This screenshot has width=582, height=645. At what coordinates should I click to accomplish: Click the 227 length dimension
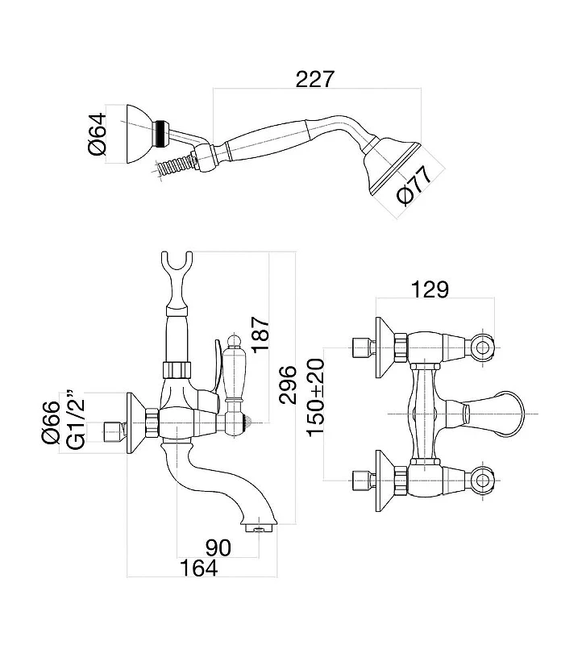pos(315,79)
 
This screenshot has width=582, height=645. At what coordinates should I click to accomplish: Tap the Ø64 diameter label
pos(98,134)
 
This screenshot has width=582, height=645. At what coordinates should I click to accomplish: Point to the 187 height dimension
pos(260,334)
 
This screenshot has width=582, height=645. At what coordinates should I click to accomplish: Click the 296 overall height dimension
pos(287,385)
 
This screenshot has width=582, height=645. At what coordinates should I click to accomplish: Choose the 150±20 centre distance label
pos(315,397)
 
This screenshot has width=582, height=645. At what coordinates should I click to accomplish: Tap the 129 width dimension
pos(430,289)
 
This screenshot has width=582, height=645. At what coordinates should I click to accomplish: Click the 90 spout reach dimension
pos(218,547)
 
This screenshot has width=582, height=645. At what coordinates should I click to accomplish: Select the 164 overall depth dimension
pos(198,568)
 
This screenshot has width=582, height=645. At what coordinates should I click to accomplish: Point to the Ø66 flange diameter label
pos(51,422)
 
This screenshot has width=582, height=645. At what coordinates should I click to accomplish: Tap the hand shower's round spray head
pos(392,167)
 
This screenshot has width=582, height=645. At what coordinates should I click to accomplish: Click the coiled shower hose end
pos(173,165)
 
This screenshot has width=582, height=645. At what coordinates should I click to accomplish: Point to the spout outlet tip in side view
pos(259,528)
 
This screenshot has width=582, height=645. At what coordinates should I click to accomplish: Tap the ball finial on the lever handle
pos(235,341)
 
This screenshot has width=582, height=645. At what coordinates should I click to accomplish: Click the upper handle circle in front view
pos(483,347)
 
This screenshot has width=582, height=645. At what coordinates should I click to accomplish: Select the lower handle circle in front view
pos(483,480)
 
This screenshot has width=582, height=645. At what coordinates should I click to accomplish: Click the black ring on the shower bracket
pos(161,133)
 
